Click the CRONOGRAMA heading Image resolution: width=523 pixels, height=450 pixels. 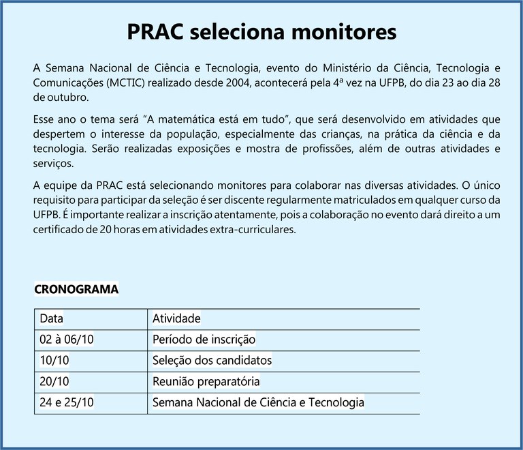[x=76, y=290]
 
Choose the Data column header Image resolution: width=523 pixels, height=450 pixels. [x=51, y=318]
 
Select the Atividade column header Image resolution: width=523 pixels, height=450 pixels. [x=176, y=318]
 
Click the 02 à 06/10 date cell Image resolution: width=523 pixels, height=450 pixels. [x=67, y=340]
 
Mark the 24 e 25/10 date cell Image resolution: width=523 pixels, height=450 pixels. [x=67, y=403]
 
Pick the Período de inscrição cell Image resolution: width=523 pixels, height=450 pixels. [x=204, y=340]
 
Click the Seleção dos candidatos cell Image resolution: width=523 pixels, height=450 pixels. [x=212, y=361]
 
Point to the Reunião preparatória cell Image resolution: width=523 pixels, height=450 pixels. [x=206, y=382]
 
